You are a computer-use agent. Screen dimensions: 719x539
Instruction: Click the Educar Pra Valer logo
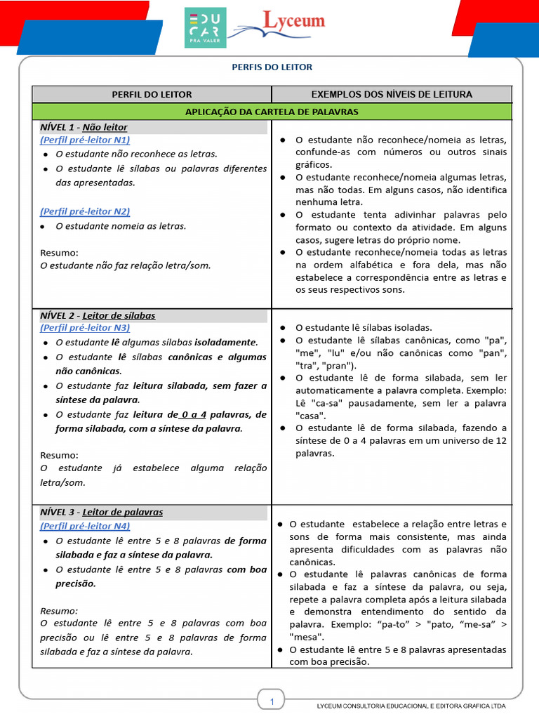click(x=205, y=28)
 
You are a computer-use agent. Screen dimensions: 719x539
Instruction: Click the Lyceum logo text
click(x=293, y=21)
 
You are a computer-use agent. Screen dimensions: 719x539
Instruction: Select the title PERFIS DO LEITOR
click(x=272, y=67)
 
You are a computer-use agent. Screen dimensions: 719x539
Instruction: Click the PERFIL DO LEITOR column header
click(x=152, y=94)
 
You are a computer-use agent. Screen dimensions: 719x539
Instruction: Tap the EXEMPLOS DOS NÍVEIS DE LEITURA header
click(x=392, y=94)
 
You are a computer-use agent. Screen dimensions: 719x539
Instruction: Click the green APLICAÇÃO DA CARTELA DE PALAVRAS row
click(x=272, y=112)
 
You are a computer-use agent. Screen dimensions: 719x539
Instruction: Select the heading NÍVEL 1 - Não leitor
click(x=84, y=127)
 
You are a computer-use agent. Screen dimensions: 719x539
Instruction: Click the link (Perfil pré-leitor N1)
click(x=85, y=140)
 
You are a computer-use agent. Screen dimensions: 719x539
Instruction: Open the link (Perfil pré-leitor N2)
click(x=85, y=211)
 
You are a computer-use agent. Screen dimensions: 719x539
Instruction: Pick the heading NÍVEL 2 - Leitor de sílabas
click(x=98, y=315)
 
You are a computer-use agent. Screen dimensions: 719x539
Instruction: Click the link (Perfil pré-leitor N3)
click(x=85, y=327)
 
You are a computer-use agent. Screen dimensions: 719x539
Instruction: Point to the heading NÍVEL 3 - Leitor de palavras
click(x=101, y=512)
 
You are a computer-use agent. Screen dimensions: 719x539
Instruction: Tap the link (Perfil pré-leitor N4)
click(x=85, y=525)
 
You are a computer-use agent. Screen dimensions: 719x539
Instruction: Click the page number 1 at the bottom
click(x=272, y=701)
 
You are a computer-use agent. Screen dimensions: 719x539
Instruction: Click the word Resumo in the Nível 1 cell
click(x=59, y=253)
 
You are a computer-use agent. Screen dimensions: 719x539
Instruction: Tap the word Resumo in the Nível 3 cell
click(x=59, y=611)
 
